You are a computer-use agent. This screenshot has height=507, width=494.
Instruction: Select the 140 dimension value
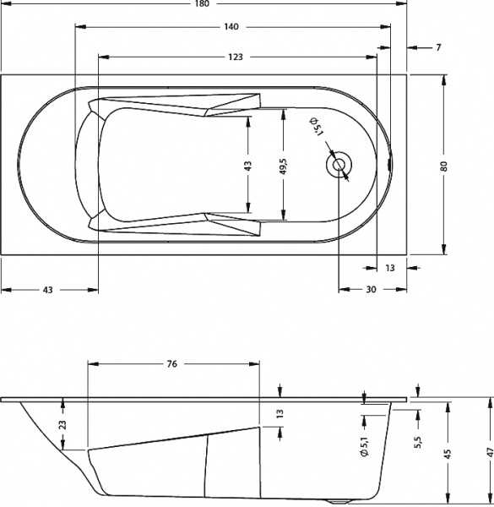tap(230, 27)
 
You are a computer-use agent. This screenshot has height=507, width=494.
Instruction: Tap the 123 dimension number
tap(236, 57)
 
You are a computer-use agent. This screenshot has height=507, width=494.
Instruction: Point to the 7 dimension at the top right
tap(438, 47)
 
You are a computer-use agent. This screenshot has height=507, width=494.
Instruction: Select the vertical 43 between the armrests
tap(248, 166)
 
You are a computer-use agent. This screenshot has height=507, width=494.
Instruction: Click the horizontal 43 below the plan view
tap(47, 290)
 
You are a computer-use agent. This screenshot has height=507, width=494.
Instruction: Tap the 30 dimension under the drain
tap(371, 290)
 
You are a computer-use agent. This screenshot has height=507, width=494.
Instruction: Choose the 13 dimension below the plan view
tap(390, 267)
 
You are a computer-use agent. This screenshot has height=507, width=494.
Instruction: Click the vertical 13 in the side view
tap(280, 414)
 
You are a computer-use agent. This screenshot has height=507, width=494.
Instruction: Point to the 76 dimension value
tap(171, 364)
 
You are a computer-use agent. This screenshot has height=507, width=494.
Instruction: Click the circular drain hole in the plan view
tap(340, 165)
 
